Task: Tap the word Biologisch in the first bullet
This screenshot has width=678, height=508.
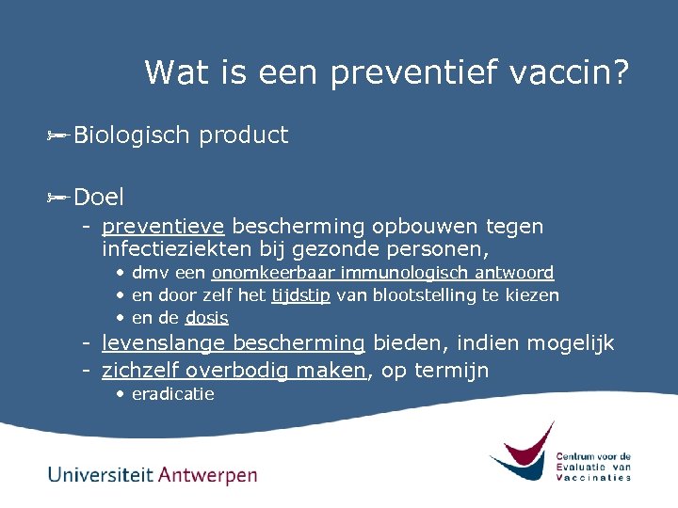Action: tap(132, 135)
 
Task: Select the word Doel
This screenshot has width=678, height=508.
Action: tap(99, 198)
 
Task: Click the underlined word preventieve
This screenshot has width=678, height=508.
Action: tap(163, 227)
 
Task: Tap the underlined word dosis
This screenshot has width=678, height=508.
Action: tap(207, 318)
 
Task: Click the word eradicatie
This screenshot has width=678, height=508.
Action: tap(173, 394)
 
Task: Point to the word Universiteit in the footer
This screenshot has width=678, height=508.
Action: tap(104, 474)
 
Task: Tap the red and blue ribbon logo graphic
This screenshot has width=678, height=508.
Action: tap(521, 452)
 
